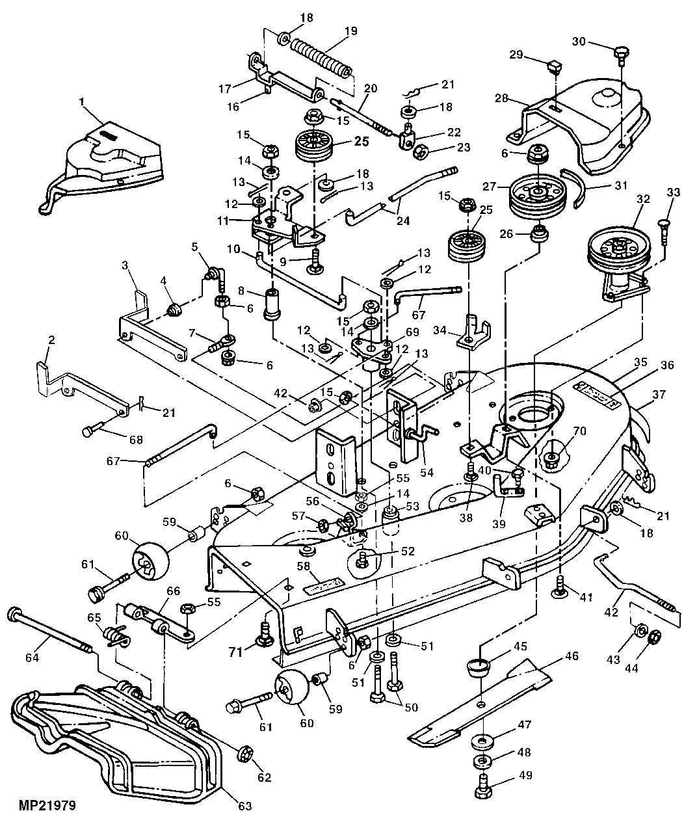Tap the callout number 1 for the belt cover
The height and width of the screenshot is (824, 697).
(x=82, y=101)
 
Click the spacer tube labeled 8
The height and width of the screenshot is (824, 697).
(x=272, y=304)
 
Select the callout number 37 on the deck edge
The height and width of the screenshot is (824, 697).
(x=659, y=394)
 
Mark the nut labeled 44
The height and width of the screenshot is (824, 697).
(x=655, y=635)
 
